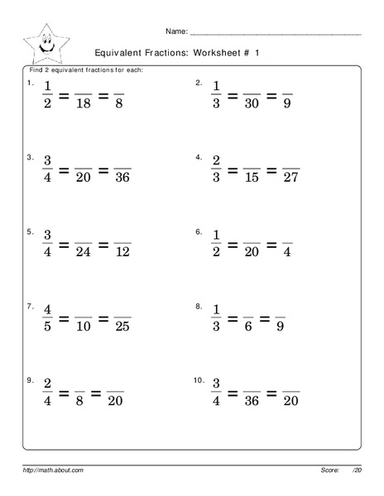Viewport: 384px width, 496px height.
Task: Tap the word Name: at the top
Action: tap(176, 31)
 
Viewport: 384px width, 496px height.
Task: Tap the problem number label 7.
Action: tap(30, 306)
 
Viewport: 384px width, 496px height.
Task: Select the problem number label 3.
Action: tap(30, 156)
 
